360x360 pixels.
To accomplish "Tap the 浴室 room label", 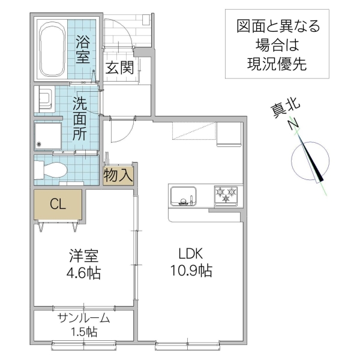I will (83, 50).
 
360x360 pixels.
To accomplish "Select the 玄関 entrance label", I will (119, 67).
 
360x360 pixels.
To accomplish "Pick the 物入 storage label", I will (118, 176).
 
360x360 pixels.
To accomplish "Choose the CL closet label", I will (58, 205).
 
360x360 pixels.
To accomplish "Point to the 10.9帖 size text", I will (190, 271).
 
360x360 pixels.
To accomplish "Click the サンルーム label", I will (83, 318).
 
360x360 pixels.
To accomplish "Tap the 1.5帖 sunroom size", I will (83, 332).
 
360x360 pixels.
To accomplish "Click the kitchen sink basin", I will (184, 196).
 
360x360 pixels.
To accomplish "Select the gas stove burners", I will (227, 194).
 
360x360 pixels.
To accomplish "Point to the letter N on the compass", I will (293, 125).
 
